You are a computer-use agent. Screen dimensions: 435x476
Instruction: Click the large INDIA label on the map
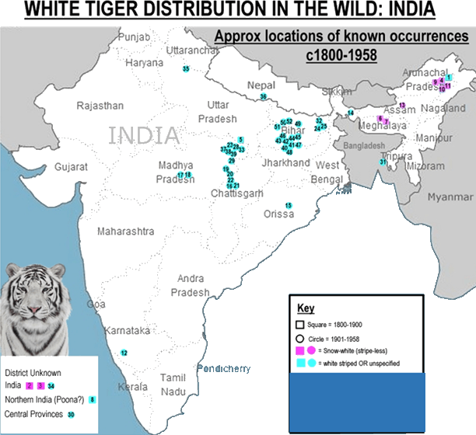point(145,135)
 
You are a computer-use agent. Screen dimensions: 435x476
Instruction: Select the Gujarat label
point(71,166)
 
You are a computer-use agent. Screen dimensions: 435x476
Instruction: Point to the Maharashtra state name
point(125,231)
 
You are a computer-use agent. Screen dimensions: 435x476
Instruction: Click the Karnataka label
point(128,330)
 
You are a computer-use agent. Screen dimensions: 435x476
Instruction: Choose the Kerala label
point(132,386)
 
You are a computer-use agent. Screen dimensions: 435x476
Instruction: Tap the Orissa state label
point(278,213)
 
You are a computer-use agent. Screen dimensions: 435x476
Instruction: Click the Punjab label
point(132,37)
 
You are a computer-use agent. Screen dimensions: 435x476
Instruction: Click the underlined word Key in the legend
point(306,308)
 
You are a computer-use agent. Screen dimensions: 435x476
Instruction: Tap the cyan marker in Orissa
point(289,205)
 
